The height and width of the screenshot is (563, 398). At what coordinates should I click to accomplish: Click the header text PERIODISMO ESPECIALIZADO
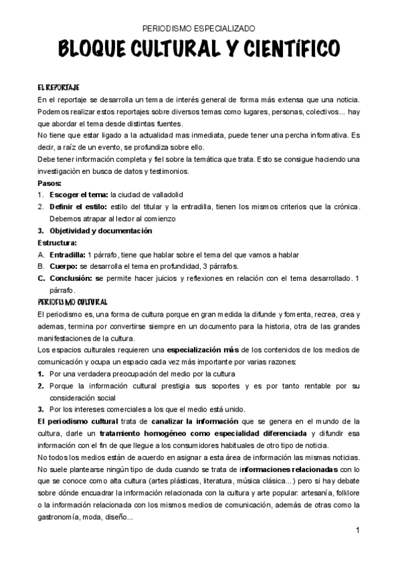tap(199, 29)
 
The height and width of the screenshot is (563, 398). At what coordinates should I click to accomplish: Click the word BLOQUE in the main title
tap(95, 49)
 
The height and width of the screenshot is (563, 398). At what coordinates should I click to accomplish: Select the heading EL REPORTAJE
tap(58, 87)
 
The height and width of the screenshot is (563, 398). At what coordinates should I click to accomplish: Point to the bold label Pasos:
tap(50, 183)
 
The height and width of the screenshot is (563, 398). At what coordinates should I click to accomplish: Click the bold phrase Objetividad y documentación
tap(100, 230)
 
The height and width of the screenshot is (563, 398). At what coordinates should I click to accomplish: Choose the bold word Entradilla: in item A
tap(67, 254)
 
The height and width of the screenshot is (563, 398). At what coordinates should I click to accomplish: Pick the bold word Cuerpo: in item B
tap(64, 266)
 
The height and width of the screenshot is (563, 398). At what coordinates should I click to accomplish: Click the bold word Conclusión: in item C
tap(71, 278)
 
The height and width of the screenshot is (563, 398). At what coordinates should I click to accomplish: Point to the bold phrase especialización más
tap(202, 349)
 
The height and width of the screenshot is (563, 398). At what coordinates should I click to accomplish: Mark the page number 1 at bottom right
tap(357, 530)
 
